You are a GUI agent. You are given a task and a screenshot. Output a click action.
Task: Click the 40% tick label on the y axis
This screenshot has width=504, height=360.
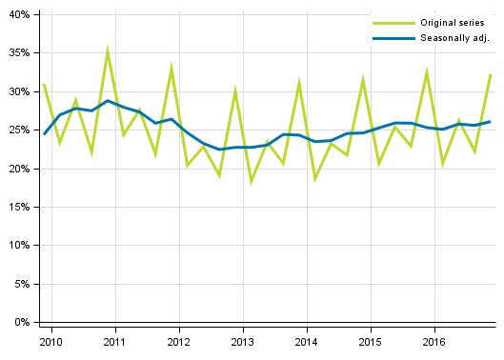18,15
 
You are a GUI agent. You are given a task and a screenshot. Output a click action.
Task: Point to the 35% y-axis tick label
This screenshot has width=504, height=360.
18,53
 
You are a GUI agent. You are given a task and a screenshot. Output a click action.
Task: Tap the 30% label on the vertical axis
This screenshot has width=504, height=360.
18,92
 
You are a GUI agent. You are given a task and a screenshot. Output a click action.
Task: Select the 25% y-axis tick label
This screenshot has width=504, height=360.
18,130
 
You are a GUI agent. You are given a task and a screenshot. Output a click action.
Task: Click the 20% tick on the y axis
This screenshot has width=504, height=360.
18,169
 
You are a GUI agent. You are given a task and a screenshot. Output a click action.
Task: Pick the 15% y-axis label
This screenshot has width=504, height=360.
18,207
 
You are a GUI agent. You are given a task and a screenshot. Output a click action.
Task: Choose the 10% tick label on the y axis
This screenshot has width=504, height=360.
18,246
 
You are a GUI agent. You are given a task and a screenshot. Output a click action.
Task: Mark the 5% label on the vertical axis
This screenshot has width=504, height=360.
21,284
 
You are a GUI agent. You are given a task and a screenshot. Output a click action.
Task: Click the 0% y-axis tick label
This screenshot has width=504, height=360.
21,322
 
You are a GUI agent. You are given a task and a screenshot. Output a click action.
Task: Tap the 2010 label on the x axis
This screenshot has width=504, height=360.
50,341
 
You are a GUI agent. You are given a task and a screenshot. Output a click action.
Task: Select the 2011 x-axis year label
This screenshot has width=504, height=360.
114,341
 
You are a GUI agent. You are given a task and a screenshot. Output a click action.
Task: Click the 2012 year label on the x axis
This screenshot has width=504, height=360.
178,341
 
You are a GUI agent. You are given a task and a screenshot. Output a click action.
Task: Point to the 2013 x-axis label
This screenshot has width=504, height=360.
242,341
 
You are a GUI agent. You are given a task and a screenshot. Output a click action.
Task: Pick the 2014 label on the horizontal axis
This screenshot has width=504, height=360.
306,341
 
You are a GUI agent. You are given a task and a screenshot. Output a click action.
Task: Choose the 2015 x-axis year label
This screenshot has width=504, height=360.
370,341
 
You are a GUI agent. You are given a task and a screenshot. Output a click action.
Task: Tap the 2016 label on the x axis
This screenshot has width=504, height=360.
433,341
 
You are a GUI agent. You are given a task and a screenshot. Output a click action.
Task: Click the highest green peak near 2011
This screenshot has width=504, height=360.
108,50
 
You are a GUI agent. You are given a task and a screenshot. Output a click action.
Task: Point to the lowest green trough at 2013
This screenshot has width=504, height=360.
252,181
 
